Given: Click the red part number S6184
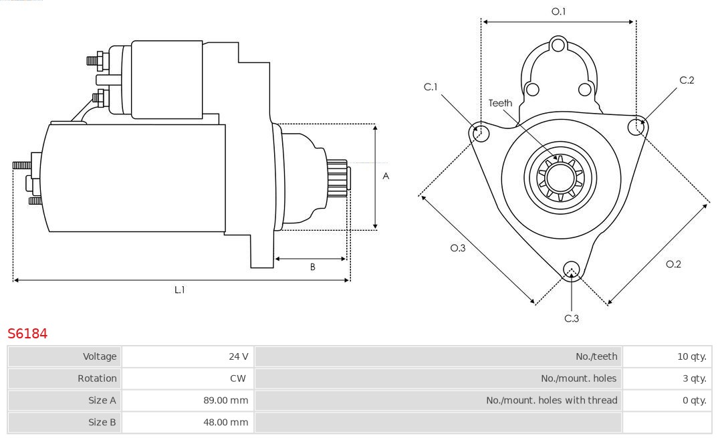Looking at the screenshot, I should pyautogui.click(x=27, y=333).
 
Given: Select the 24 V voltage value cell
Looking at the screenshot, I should pyautogui.click(x=238, y=356).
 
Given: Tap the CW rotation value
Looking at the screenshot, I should pyautogui.click(x=237, y=378).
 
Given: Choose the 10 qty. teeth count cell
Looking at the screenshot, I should pyautogui.click(x=691, y=356).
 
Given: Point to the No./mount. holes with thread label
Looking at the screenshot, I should pyautogui.click(x=552, y=400).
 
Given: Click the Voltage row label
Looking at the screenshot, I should pyautogui.click(x=99, y=356).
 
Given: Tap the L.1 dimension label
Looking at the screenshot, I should pyautogui.click(x=180, y=290).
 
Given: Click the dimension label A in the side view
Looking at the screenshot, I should pyautogui.click(x=386, y=177).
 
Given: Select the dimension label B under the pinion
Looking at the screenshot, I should pyautogui.click(x=312, y=267).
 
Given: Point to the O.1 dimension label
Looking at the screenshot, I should pyautogui.click(x=558, y=11).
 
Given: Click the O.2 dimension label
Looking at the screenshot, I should pyautogui.click(x=673, y=264).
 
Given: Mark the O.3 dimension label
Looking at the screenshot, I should pyautogui.click(x=457, y=248).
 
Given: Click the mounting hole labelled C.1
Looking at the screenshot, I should pyautogui.click(x=479, y=132).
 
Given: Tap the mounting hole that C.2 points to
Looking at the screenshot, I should pyautogui.click(x=637, y=126).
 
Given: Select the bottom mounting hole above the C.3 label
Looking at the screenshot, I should pyautogui.click(x=571, y=269).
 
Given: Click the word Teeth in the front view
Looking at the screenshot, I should pyautogui.click(x=500, y=103).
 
